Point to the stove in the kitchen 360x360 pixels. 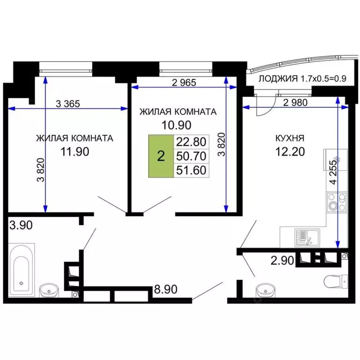[337, 202]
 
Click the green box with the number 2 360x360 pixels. [161, 156]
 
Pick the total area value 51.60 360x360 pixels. [191, 170]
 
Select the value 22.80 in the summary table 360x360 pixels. [191, 142]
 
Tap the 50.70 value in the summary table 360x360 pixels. [191, 156]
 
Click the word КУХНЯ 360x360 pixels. [290, 138]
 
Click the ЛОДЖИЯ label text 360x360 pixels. [277, 79]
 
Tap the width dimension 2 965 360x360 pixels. [183, 83]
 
